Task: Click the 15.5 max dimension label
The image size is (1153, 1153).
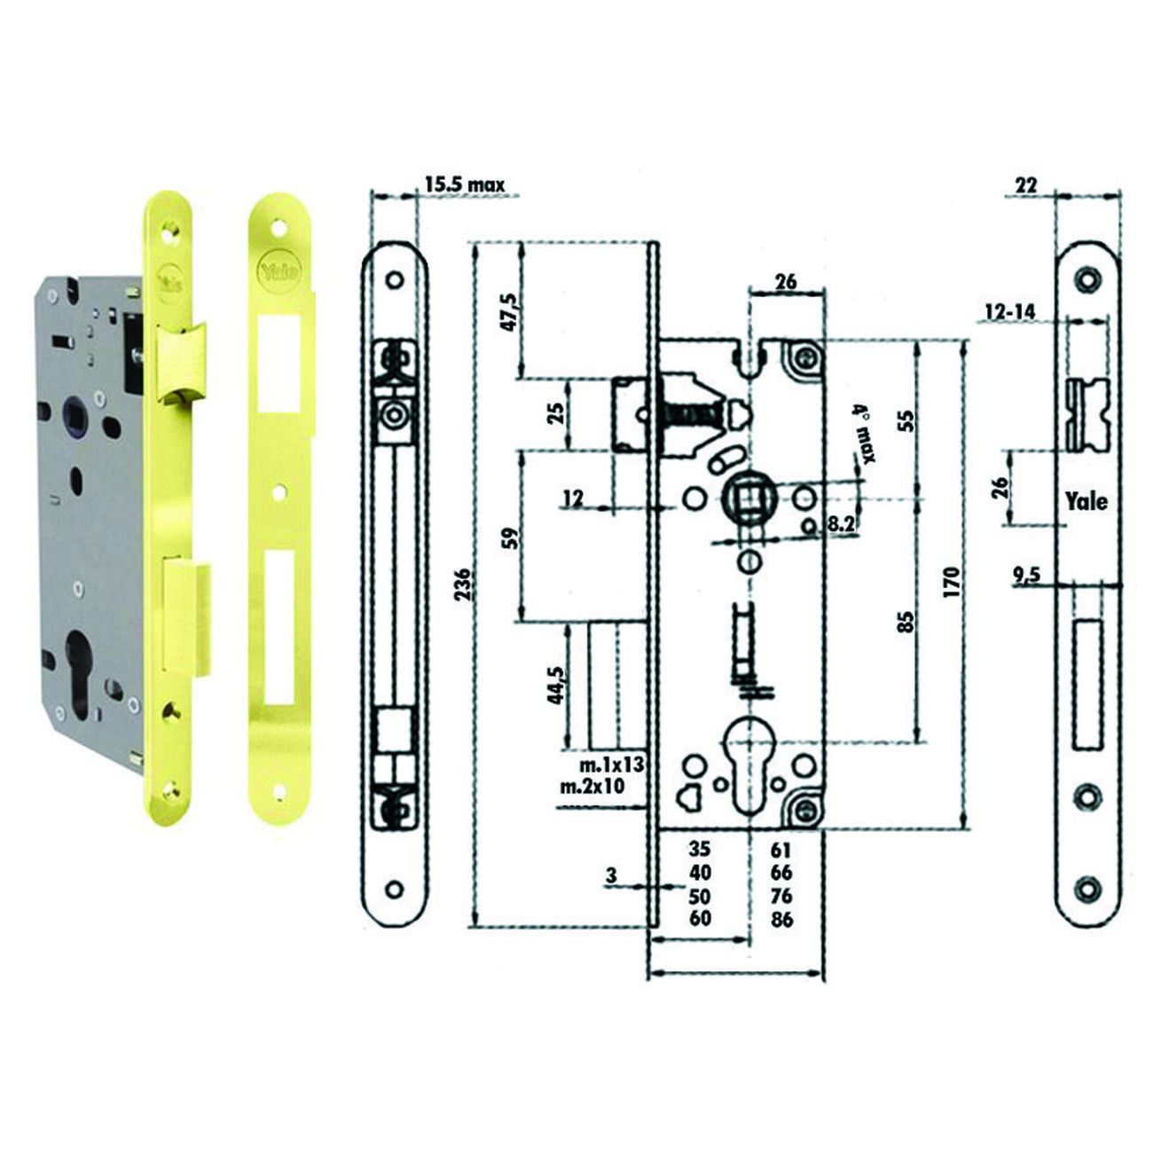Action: pyautogui.click(x=465, y=184)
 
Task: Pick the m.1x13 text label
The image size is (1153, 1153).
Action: pyautogui.click(x=611, y=765)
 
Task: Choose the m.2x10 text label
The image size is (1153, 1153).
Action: pyautogui.click(x=592, y=786)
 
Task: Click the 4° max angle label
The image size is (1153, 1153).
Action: pyautogui.click(x=865, y=434)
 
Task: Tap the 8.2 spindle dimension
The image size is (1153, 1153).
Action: pyautogui.click(x=841, y=525)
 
